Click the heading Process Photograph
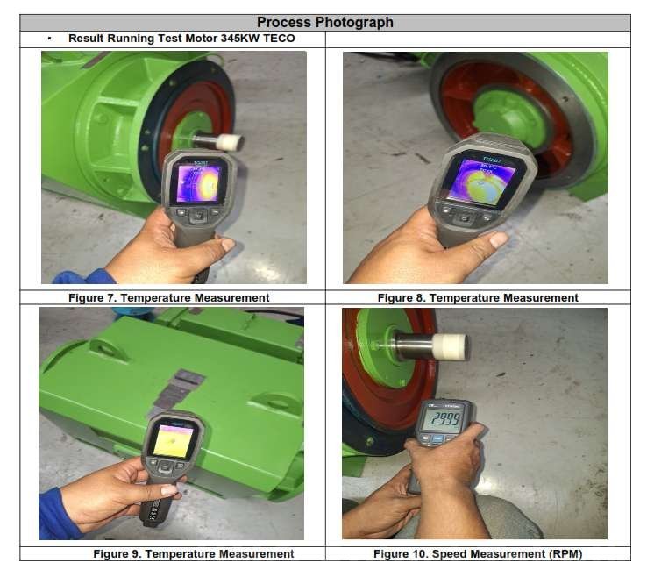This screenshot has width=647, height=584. point(324,23)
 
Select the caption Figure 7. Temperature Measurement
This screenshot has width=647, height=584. point(169,297)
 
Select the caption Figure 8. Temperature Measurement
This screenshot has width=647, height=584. point(478,297)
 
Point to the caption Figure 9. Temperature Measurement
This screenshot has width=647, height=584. point(194,553)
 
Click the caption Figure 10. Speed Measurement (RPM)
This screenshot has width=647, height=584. point(490,553)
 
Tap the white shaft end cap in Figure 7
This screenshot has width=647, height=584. point(231,142)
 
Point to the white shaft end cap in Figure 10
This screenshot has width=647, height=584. point(451,346)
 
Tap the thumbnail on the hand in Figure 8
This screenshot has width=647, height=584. point(498,239)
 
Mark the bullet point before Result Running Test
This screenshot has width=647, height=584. point(49,39)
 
